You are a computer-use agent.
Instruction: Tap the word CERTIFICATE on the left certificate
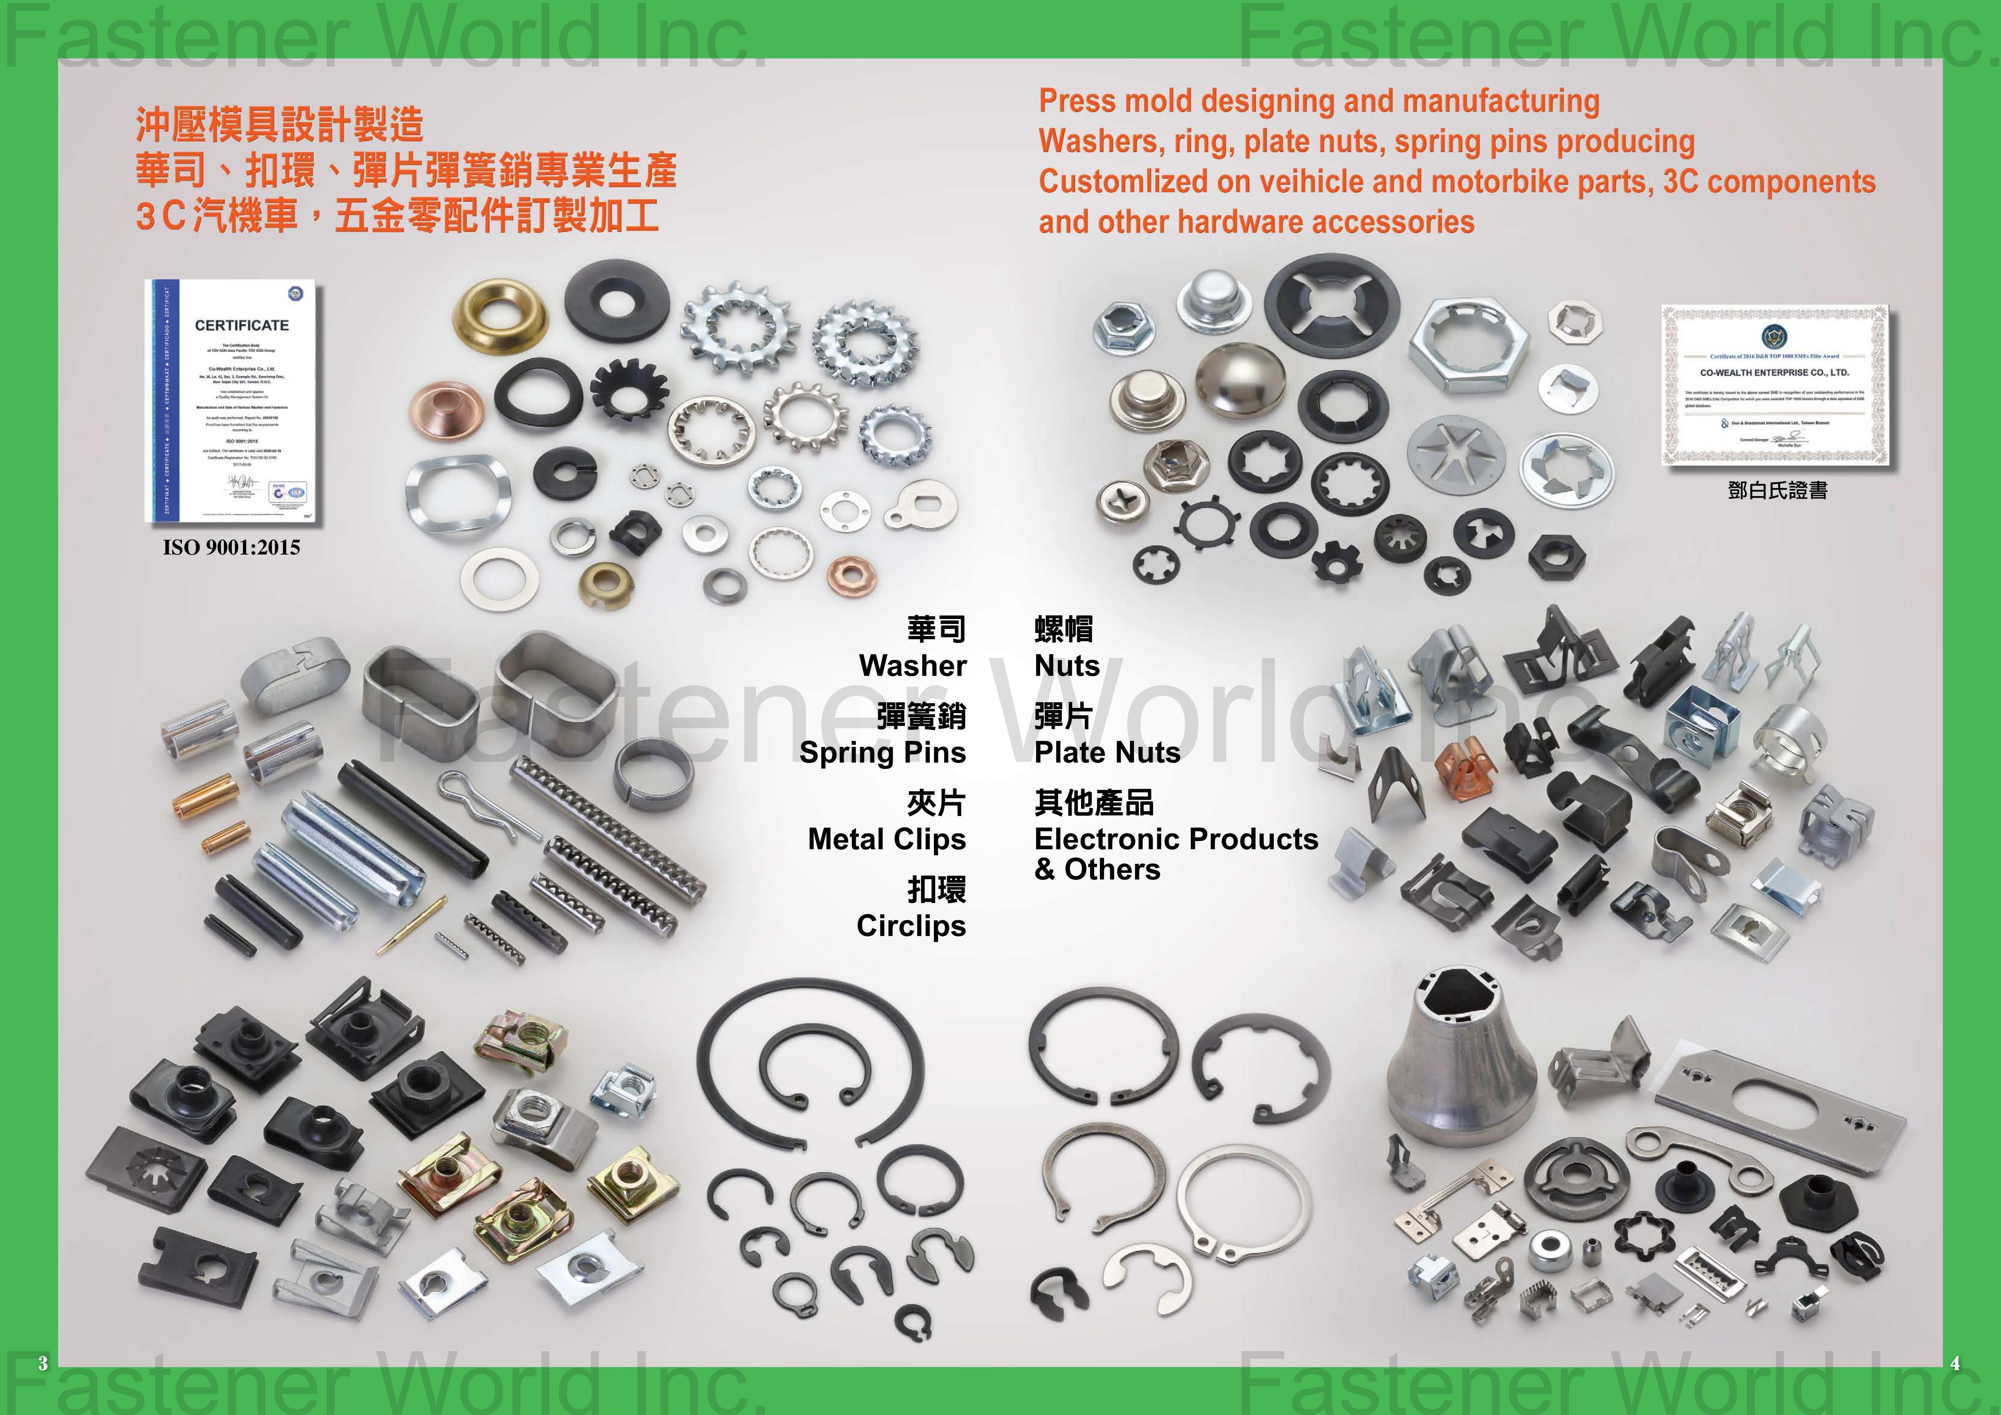241,325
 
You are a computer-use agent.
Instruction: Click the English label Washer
912,666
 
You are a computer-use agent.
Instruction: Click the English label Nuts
1067,666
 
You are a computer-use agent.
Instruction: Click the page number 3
42,1364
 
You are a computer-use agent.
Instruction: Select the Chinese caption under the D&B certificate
1777,490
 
